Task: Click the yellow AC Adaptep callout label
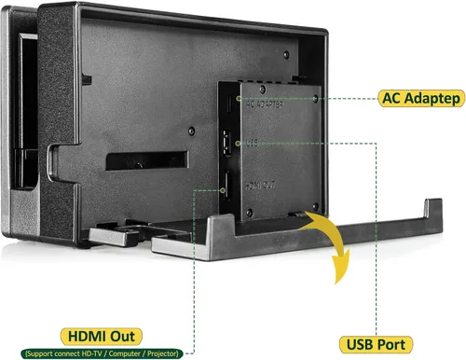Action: click(x=421, y=98)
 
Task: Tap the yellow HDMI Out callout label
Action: click(x=101, y=337)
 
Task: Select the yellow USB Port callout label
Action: click(x=376, y=344)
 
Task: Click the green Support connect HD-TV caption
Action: click(x=102, y=353)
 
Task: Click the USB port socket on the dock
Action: click(x=226, y=143)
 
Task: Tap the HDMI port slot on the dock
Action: click(x=227, y=186)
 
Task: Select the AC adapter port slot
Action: click(x=229, y=103)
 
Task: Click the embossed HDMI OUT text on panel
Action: click(x=260, y=186)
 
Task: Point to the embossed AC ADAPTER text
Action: click(x=264, y=104)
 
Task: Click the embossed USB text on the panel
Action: click(x=252, y=143)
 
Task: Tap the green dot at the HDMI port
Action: click(x=223, y=190)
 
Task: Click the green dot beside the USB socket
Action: click(x=238, y=144)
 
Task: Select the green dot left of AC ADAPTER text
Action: click(x=239, y=99)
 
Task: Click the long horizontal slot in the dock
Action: click(x=146, y=160)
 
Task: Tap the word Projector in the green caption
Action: click(x=163, y=353)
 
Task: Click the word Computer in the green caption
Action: click(x=124, y=353)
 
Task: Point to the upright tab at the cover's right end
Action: click(x=433, y=215)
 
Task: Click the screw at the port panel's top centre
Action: click(x=263, y=90)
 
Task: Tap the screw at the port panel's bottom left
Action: click(x=249, y=213)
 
